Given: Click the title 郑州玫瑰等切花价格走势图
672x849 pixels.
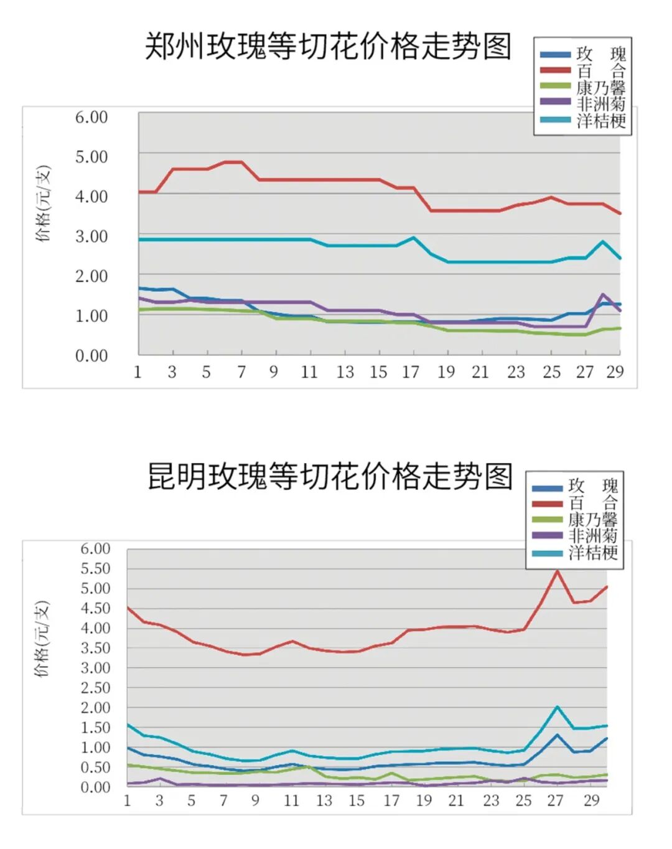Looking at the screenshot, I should tap(328, 47).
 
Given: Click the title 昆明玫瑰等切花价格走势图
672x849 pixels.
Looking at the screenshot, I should tap(330, 477).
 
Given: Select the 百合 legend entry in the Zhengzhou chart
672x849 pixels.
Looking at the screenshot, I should tap(600, 70).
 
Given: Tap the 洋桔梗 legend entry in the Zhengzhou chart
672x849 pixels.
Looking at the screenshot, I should tap(600, 120).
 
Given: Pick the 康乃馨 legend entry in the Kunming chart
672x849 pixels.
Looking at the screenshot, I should tap(592, 519).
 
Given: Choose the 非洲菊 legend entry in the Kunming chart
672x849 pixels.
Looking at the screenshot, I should tap(592, 536).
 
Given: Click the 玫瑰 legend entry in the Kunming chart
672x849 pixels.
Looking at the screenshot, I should tap(592, 486).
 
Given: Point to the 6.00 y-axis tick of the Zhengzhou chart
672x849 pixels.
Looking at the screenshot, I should tap(91, 117).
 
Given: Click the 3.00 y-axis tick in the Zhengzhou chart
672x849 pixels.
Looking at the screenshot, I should tap(91, 237).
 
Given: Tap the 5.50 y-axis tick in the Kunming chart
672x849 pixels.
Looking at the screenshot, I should tap(95, 568).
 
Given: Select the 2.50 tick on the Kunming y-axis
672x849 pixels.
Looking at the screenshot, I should tap(95, 688).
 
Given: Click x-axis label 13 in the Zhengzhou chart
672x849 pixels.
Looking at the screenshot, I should tap(345, 372).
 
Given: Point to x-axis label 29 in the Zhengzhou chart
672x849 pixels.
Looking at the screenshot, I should tap(615, 372).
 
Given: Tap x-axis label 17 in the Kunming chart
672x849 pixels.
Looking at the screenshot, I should tap(391, 800).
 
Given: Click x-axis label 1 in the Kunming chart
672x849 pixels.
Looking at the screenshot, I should tap(128, 800).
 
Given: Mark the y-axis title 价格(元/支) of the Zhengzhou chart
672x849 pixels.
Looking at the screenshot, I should tap(43, 204).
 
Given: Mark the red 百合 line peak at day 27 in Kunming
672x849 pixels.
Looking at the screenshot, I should tap(557, 571).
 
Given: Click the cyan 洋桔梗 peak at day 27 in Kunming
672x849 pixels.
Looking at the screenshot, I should tap(557, 707).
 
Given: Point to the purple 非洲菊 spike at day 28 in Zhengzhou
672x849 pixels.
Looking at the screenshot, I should tap(603, 294).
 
